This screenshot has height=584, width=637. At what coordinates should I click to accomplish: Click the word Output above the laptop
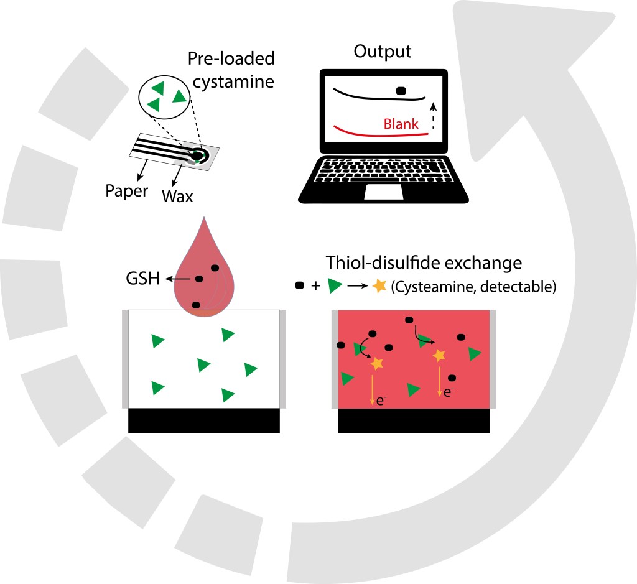[383, 52]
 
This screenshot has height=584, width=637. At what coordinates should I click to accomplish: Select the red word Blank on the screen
[401, 124]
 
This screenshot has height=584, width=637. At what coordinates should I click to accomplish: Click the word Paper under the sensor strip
[126, 191]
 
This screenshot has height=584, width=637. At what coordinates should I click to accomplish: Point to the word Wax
[177, 197]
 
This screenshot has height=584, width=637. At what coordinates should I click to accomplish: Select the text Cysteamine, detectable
[472, 287]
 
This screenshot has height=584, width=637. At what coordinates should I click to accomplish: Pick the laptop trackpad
[384, 192]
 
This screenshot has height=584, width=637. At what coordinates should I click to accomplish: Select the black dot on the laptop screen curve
[401, 91]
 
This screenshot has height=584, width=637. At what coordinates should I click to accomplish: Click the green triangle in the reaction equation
[335, 287]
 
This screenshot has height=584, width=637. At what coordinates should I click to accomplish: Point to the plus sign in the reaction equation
[316, 287]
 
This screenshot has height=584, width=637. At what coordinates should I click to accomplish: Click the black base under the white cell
[203, 420]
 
